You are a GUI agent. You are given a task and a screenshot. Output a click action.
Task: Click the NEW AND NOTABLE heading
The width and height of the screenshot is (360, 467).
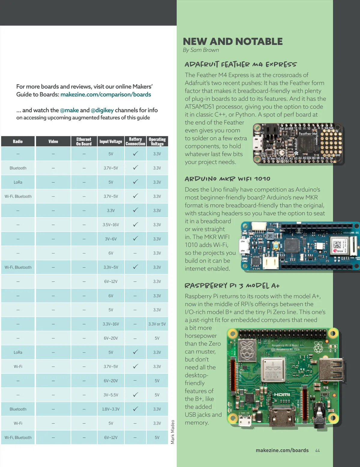point(232,41)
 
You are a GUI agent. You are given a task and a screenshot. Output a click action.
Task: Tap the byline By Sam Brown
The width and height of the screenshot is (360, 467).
point(201,50)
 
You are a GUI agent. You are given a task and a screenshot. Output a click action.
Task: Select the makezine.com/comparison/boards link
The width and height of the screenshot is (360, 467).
point(106,94)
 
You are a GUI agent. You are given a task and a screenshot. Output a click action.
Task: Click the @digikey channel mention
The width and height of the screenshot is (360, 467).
point(102,110)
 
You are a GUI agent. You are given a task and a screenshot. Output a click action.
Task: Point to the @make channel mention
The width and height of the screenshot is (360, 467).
point(69,110)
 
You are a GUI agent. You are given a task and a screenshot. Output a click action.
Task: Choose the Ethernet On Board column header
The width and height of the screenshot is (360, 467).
point(84,141)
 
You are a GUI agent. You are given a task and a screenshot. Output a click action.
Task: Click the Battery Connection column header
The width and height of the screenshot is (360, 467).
point(135,141)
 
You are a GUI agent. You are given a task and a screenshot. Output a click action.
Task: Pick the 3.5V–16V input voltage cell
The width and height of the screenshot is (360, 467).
point(111,225)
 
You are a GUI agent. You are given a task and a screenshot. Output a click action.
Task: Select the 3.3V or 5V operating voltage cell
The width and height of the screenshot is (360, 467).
point(157,324)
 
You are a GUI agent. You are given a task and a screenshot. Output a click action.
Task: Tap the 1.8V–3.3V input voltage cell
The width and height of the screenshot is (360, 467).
point(111,409)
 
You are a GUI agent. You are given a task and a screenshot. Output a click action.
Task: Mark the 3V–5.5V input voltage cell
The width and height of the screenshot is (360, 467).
point(111,395)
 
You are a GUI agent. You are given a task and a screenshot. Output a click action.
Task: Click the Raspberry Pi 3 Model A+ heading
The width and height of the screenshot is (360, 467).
point(232,285)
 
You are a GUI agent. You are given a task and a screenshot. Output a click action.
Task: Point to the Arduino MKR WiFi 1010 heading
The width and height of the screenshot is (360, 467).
point(227,179)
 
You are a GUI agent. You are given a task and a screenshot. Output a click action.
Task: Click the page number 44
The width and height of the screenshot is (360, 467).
point(317,451)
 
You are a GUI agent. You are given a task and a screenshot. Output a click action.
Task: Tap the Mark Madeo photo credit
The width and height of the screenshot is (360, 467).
point(172,432)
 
